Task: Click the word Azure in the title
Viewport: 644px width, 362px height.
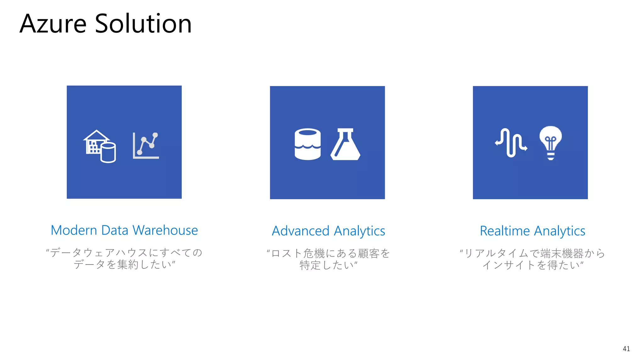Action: [x=53, y=24]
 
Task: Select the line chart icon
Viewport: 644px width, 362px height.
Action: [x=146, y=145]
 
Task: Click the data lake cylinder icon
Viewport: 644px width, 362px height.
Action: [x=308, y=144]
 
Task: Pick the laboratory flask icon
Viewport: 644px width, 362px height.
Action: [x=345, y=144]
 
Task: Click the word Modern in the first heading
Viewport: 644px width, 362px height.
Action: [x=74, y=230]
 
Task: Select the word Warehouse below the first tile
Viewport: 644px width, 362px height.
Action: [x=165, y=230]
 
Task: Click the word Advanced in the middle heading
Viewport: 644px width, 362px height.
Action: [x=300, y=231]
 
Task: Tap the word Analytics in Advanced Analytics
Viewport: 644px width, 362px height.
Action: [x=359, y=231]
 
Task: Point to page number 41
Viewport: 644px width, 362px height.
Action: [x=626, y=349]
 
